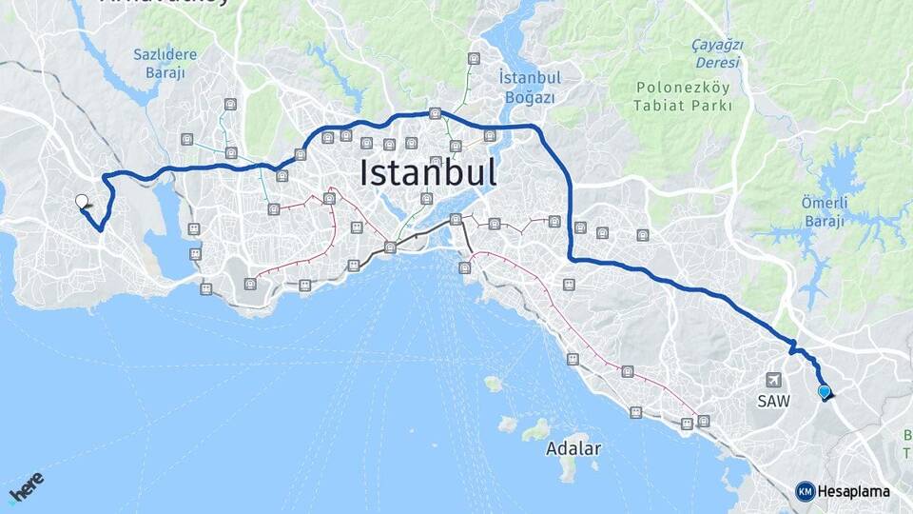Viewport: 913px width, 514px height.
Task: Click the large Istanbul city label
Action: point(428,173)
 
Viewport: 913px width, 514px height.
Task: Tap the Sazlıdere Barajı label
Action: point(165,63)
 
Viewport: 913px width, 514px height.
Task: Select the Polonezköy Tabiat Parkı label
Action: point(683,96)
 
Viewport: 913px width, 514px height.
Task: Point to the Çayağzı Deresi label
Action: point(717,53)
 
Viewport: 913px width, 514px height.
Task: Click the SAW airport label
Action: point(773,401)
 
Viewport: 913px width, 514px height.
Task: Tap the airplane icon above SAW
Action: point(772,380)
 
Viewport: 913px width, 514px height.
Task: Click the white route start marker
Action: point(82,202)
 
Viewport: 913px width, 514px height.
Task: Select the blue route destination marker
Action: point(824,391)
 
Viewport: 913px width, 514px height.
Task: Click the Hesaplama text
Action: point(853,491)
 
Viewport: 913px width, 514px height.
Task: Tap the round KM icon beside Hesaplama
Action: point(805,491)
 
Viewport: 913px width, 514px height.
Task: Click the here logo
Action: point(27,488)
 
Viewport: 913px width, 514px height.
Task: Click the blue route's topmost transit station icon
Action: point(435,113)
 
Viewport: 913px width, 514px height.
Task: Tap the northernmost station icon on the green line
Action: point(474,59)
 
